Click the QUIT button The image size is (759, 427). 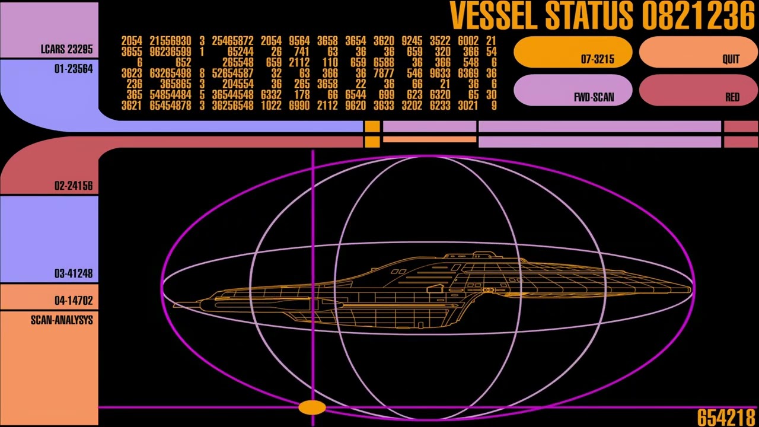[x=698, y=53]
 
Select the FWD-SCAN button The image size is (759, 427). [x=573, y=91]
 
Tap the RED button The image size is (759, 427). [x=698, y=91]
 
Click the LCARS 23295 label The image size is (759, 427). [x=66, y=49]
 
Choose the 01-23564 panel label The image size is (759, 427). [x=73, y=69]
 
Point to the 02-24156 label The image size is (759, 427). [x=73, y=186]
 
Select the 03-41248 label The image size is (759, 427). [x=73, y=273]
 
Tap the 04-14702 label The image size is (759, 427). [x=73, y=300]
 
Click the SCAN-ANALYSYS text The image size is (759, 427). [x=62, y=320]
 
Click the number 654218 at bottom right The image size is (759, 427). [x=725, y=418]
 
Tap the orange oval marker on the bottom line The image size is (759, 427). [x=312, y=407]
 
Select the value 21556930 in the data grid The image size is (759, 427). [x=170, y=41]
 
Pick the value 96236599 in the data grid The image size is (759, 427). [x=170, y=52]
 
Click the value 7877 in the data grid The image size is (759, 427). [x=384, y=73]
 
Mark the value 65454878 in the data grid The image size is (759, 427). [x=170, y=106]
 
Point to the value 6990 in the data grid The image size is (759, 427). [x=299, y=106]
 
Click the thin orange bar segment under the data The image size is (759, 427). [x=429, y=140]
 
